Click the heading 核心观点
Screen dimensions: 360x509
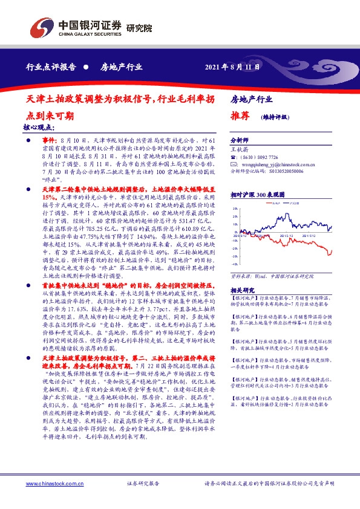[38, 128]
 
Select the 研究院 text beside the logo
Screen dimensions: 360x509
[140, 28]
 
